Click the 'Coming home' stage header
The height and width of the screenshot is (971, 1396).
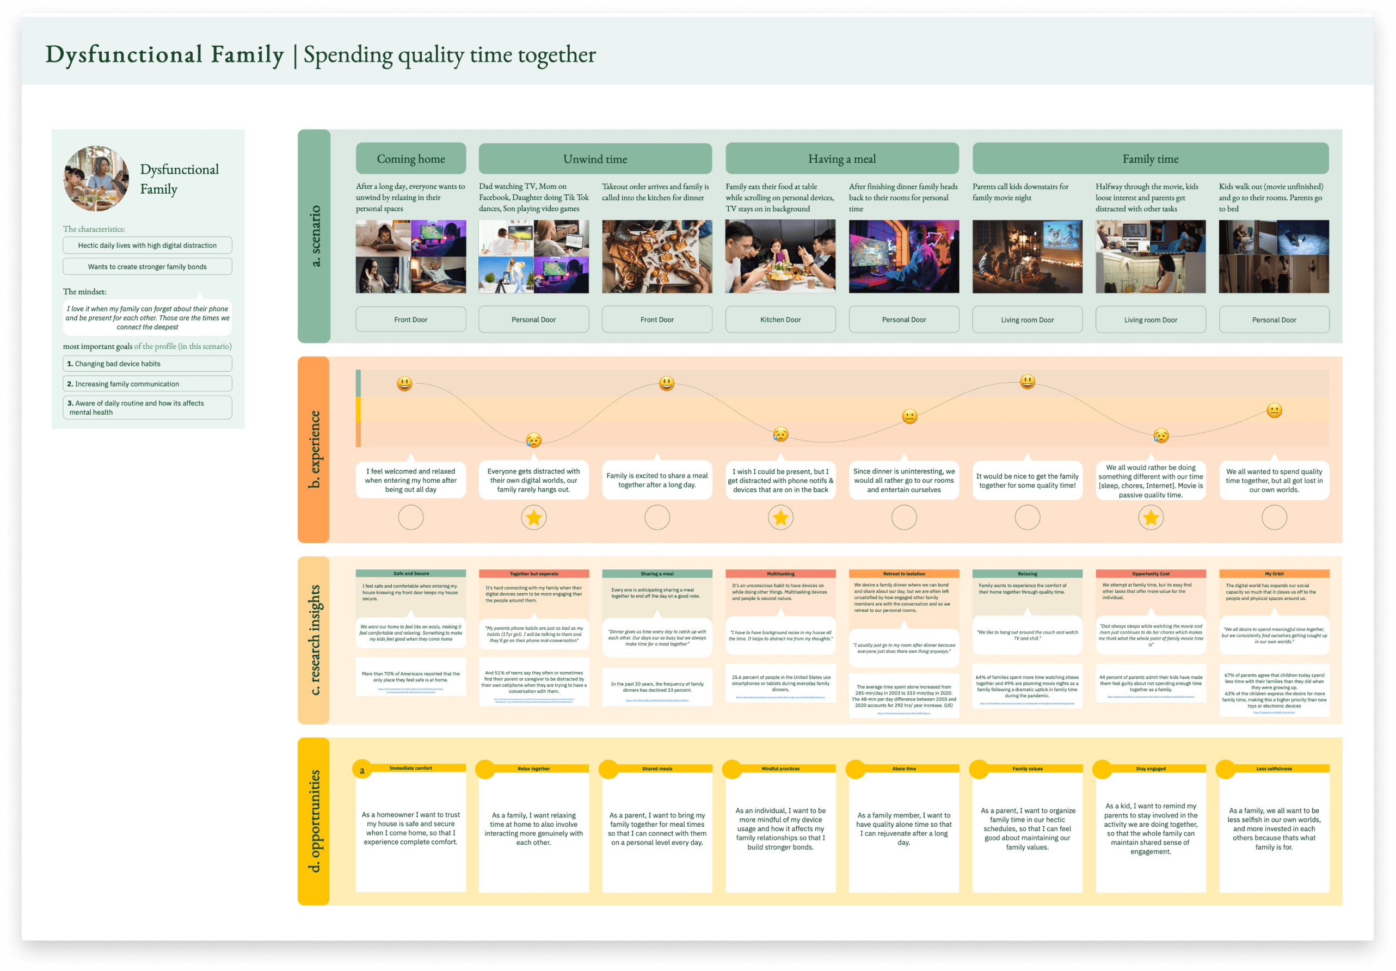coord(410,159)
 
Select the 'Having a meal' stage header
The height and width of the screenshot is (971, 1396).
coord(841,159)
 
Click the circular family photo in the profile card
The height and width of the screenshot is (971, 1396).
coord(96,178)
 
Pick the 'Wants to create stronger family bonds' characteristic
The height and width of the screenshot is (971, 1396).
coord(147,266)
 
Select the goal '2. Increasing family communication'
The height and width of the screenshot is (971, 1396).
coord(147,384)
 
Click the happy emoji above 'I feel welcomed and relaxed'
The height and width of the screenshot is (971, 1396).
coord(404,383)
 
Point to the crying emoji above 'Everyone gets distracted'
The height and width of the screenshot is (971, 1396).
coord(533,440)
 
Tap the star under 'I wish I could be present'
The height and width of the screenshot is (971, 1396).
coord(780,518)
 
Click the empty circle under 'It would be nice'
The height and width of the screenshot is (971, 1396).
coord(1027,518)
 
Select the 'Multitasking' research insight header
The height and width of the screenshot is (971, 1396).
coord(780,573)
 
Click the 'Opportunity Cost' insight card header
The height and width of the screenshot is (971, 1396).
coord(1151,573)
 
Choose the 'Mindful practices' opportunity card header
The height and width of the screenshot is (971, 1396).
coord(780,769)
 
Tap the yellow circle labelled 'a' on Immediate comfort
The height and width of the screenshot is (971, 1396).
coord(362,770)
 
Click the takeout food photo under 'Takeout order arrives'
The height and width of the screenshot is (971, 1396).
coord(657,256)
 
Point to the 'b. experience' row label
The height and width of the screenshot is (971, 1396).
coord(313,450)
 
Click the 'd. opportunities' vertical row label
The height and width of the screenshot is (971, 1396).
coord(313,821)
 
